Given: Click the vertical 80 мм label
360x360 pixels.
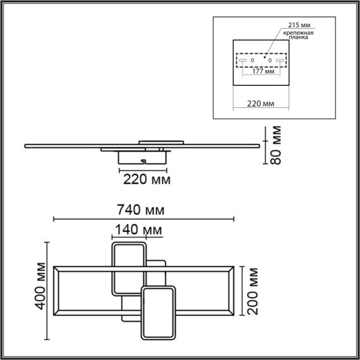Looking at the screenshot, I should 275,145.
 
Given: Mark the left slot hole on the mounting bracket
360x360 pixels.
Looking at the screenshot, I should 243,61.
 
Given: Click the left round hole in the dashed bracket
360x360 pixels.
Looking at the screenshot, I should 253,61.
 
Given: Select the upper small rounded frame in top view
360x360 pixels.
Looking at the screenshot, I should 129,269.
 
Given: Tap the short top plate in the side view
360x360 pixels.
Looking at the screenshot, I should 160,141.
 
